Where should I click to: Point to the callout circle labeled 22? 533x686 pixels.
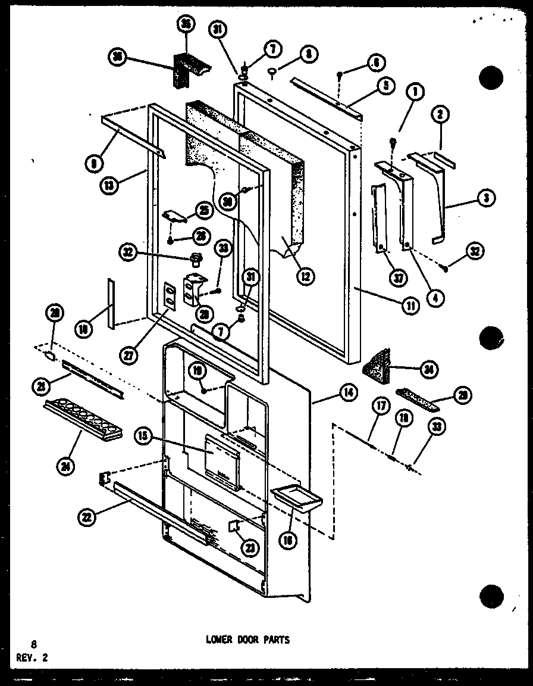87,518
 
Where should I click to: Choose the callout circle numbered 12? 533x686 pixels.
306,275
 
